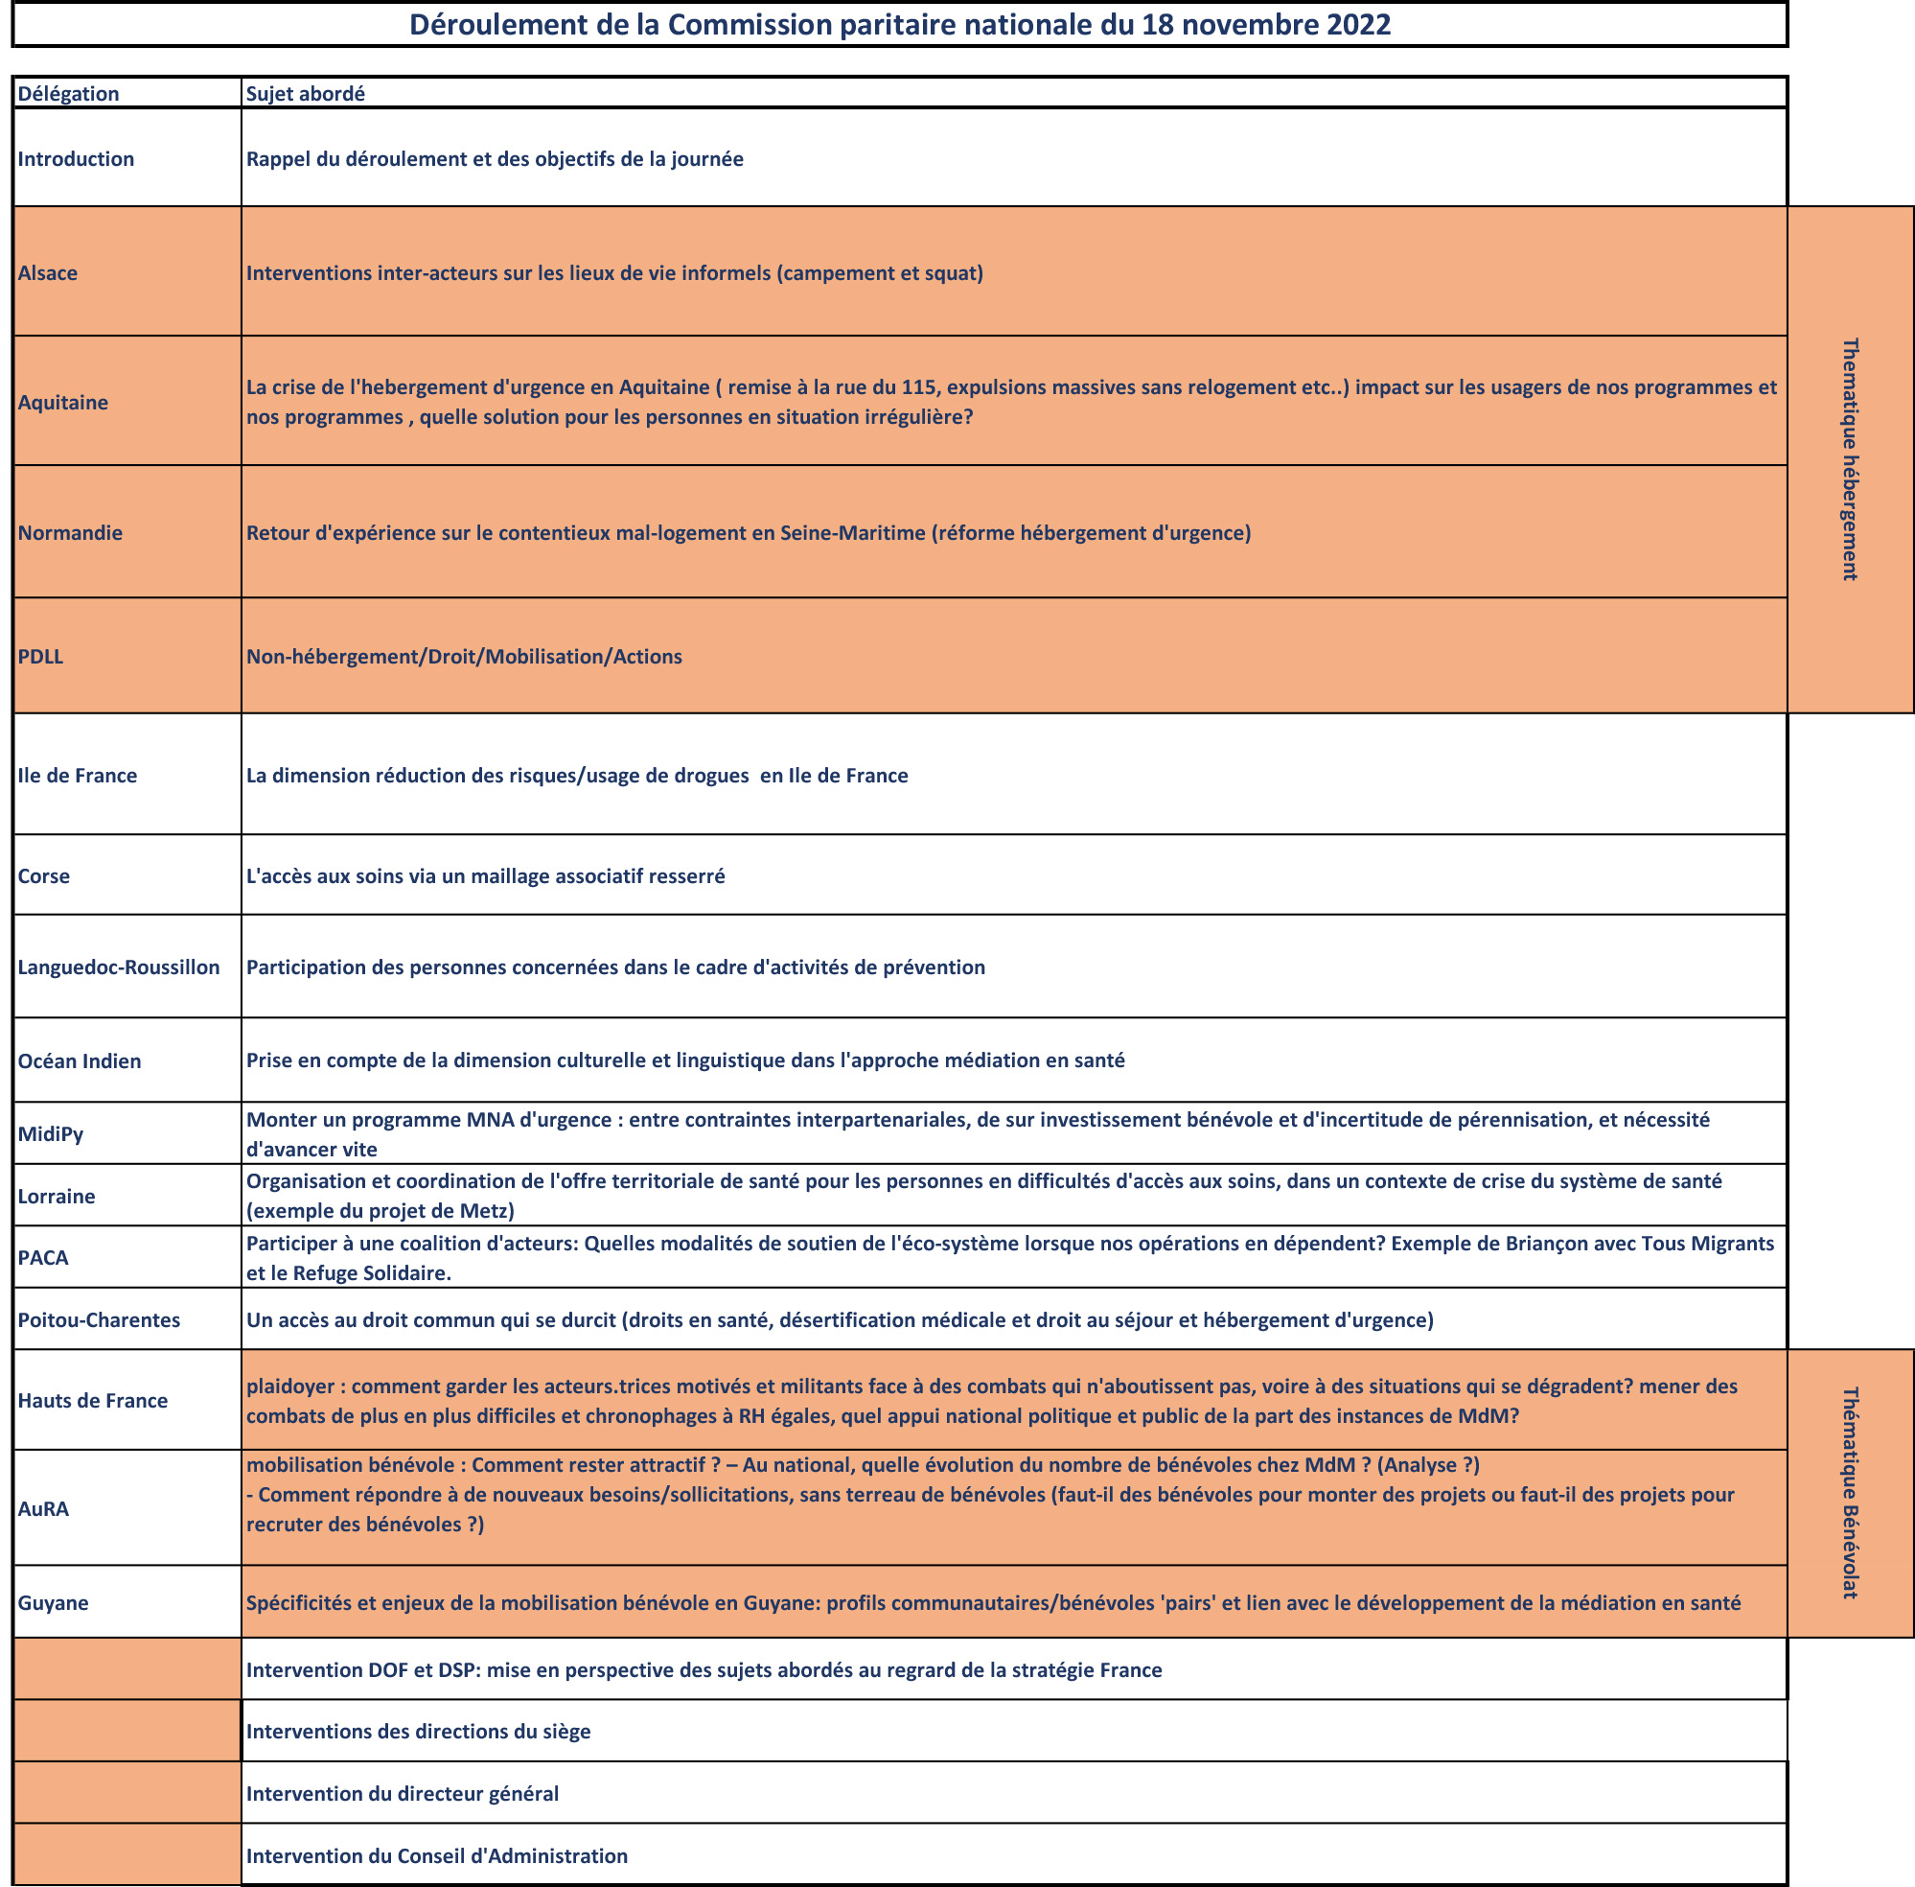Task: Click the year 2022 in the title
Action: pos(1358,25)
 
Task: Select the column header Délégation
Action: pos(68,94)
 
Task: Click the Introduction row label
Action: pos(76,159)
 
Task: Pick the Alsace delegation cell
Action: pos(48,273)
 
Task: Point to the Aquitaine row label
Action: pos(62,403)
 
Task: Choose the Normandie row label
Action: pos(70,533)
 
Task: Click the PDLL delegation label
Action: pos(40,657)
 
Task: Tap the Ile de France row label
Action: pos(78,776)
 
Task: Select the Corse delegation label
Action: pos(43,876)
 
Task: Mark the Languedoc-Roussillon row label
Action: pos(119,967)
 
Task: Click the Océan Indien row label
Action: pos(80,1061)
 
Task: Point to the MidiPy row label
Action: pos(51,1133)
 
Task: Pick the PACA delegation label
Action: pos(43,1258)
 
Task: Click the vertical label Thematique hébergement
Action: pos(1850,459)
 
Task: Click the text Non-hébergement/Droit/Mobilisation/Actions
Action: pos(464,657)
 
